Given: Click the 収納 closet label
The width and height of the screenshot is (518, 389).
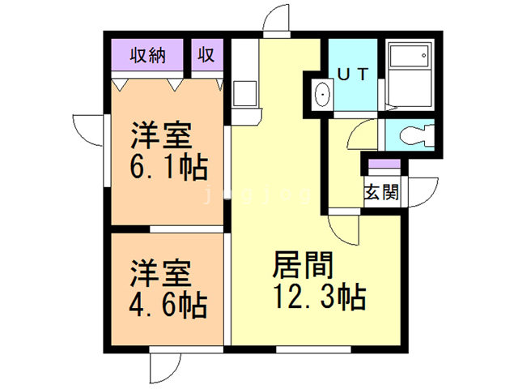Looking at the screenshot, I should point(149,56).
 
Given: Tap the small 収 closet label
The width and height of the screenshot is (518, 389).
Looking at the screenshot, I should point(206,56).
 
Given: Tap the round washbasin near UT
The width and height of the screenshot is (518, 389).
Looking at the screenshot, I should point(321,95).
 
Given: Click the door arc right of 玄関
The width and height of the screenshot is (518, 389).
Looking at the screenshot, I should point(419,191).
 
